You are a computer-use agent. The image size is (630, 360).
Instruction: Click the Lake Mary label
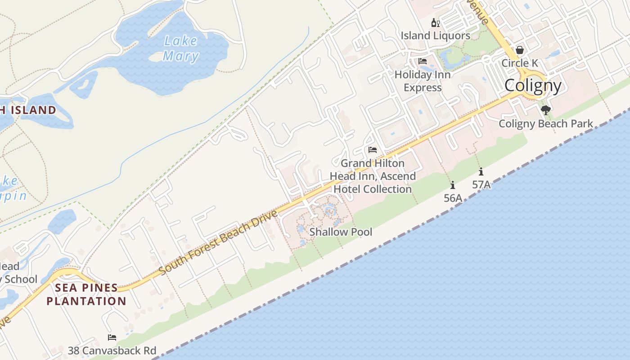[180, 48]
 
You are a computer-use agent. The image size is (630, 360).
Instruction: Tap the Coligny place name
[533, 85]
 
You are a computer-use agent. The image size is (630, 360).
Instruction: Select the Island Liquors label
[435, 36]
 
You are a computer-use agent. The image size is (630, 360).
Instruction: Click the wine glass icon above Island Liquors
[435, 22]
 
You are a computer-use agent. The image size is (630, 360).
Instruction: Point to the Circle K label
[520, 63]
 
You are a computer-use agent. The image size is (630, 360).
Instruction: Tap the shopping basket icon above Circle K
[520, 49]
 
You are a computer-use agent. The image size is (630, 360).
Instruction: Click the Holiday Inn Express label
[423, 81]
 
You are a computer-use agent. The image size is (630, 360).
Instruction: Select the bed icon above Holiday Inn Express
[423, 61]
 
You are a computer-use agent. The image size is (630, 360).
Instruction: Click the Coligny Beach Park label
[546, 124]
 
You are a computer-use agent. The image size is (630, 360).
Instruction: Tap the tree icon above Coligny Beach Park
[546, 110]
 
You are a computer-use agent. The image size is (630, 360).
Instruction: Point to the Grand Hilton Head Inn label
[373, 176]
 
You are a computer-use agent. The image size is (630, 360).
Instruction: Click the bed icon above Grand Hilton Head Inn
[373, 150]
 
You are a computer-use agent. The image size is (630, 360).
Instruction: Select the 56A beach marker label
[453, 198]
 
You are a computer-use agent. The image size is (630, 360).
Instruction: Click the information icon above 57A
[481, 171]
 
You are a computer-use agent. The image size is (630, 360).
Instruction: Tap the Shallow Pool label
[341, 232]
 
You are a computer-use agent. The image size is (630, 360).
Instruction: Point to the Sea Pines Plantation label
[86, 294]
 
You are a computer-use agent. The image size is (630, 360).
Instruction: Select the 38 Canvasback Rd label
[112, 351]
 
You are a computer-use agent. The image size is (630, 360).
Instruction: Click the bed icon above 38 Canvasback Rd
[112, 337]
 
